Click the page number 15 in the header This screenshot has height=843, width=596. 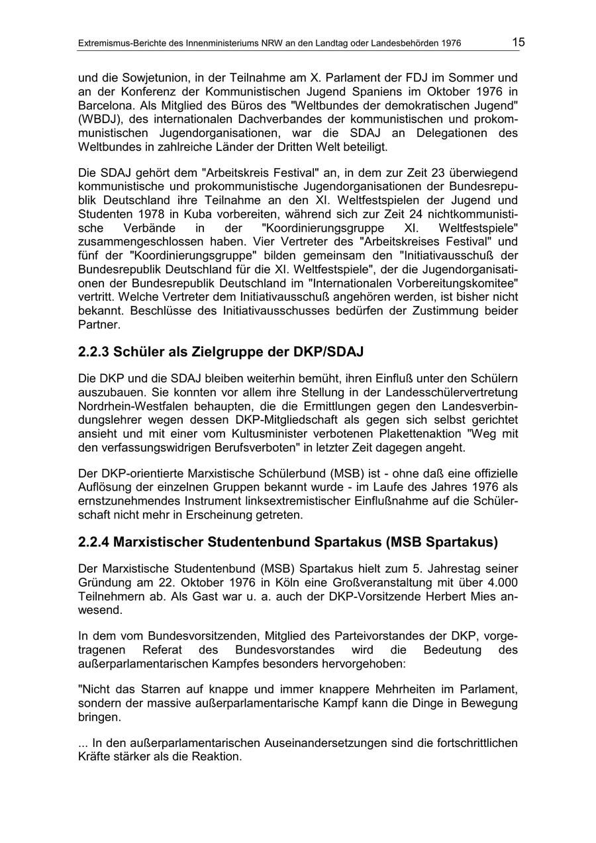click(518, 42)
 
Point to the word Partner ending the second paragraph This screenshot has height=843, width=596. click(98, 324)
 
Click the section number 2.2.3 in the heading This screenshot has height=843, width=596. click(93, 353)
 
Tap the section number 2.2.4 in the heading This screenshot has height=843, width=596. click(93, 542)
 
